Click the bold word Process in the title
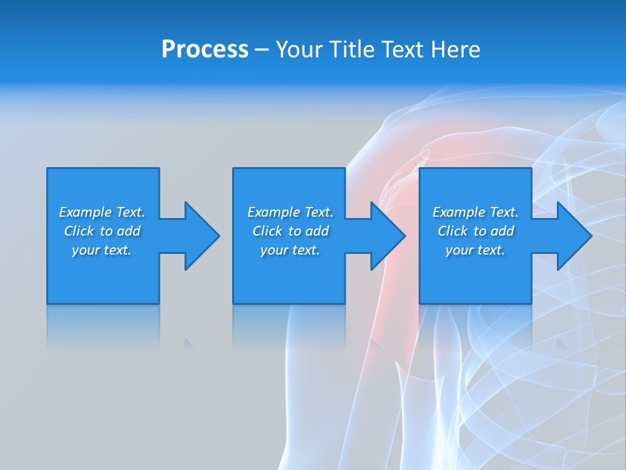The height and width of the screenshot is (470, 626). click(x=205, y=50)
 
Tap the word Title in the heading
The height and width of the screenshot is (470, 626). click(x=350, y=50)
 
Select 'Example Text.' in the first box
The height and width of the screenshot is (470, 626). click(x=102, y=212)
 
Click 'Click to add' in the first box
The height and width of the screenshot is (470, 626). click(x=102, y=231)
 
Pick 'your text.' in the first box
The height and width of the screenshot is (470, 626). click(x=102, y=250)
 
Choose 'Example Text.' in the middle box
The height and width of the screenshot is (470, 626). click(x=290, y=212)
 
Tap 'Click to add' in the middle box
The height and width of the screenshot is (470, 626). click(x=290, y=231)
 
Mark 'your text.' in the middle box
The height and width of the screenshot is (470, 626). click(x=290, y=250)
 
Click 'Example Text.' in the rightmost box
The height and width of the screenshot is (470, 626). click(x=475, y=212)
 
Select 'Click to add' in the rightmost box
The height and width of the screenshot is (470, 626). click(x=475, y=231)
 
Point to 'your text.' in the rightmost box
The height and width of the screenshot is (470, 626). click(x=475, y=250)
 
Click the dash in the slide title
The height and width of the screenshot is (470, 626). click(x=261, y=50)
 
